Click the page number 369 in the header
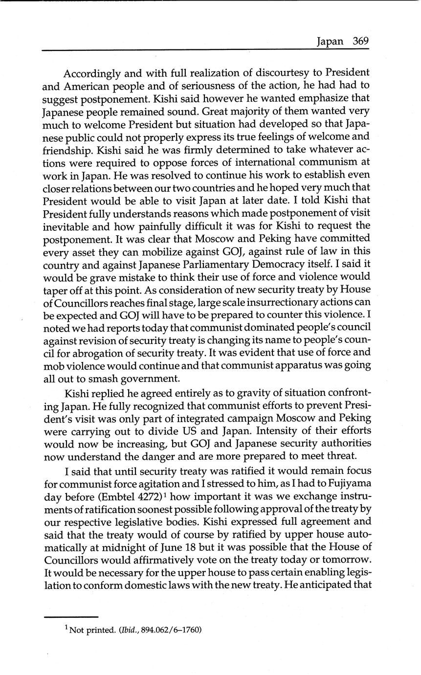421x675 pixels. point(360,41)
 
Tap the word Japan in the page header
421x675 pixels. point(330,42)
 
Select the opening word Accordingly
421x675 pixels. point(92,74)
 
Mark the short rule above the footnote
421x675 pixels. point(71,617)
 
